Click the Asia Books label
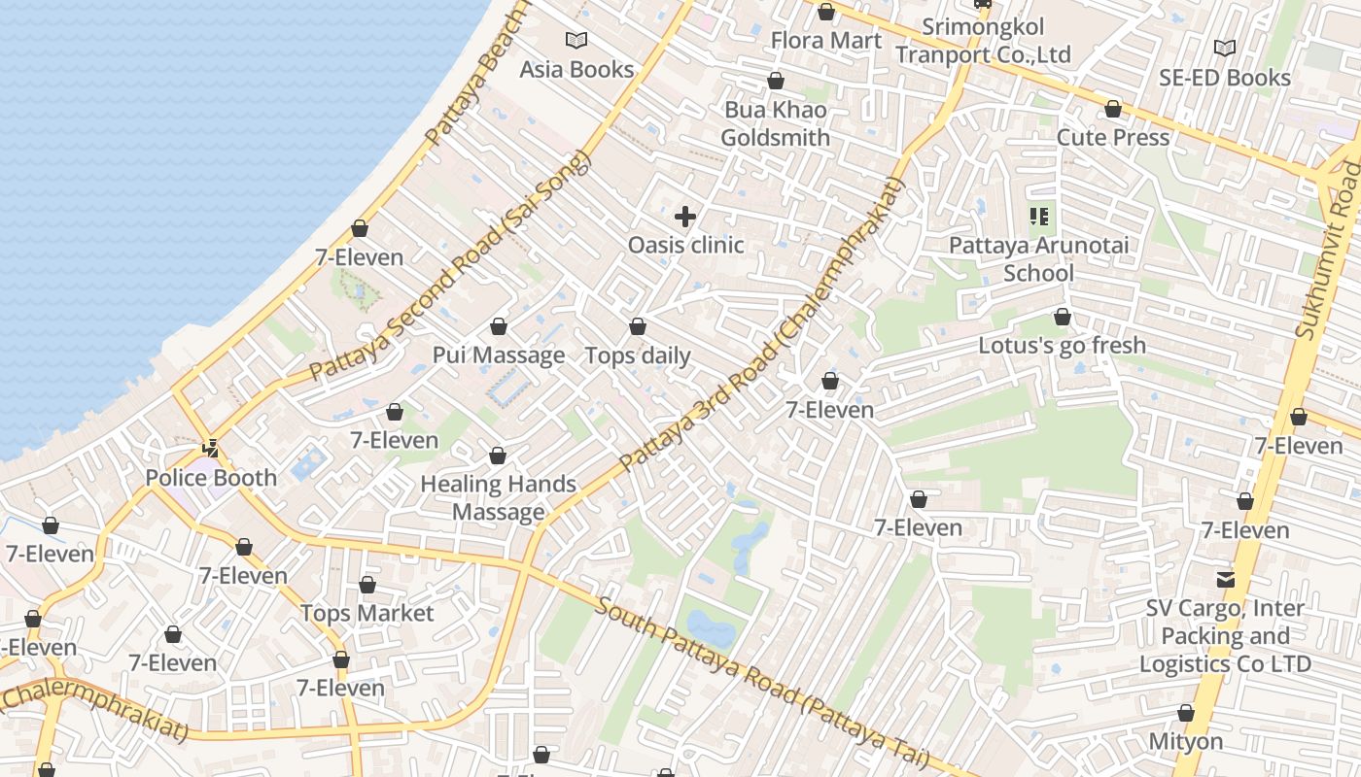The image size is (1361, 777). [576, 69]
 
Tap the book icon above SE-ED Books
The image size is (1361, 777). [1225, 48]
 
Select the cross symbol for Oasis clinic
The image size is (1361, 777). [685, 216]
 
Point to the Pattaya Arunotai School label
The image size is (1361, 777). [1038, 258]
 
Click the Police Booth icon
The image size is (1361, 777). [210, 449]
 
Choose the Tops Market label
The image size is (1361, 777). [366, 613]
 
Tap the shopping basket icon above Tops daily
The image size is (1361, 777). [638, 326]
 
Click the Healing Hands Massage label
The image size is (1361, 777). [498, 497]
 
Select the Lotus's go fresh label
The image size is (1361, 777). [1062, 345]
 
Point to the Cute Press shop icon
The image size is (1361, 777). [1113, 109]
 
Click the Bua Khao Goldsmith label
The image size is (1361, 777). [775, 123]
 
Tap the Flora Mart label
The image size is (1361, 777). [825, 40]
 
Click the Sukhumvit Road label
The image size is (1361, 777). [1329, 253]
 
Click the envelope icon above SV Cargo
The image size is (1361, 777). [1225, 580]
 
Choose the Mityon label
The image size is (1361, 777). [1185, 741]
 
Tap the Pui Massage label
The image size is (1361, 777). [498, 355]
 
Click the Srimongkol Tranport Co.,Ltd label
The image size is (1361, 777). [982, 41]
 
